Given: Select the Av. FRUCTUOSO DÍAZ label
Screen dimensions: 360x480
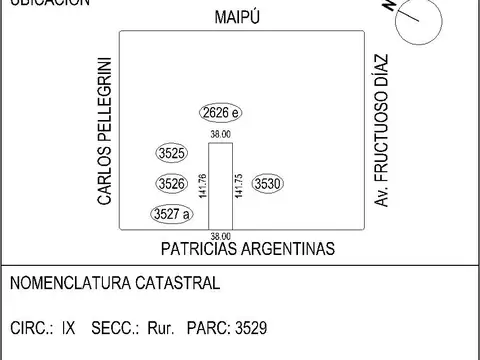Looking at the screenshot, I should pos(381,130).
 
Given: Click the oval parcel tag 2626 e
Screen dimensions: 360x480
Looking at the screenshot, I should pos(219,112).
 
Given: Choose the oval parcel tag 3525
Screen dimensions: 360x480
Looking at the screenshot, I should pos(172,154).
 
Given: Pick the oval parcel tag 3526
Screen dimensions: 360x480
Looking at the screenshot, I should pos(172,184).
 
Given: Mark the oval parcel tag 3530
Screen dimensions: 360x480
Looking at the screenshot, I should pos(268,184).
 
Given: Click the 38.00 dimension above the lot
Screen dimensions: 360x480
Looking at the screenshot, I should pos(220,134).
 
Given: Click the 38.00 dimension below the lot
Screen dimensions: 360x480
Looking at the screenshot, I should pos(220,235).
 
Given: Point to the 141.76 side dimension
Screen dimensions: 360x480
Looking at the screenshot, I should pos(203,187).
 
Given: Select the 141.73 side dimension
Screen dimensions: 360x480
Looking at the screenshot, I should pos(238,187).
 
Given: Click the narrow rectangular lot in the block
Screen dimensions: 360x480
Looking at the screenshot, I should pos(220,186).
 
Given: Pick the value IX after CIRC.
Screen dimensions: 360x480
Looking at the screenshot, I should pos(68,327).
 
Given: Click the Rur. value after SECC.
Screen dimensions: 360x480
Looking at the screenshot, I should pos(161,327).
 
